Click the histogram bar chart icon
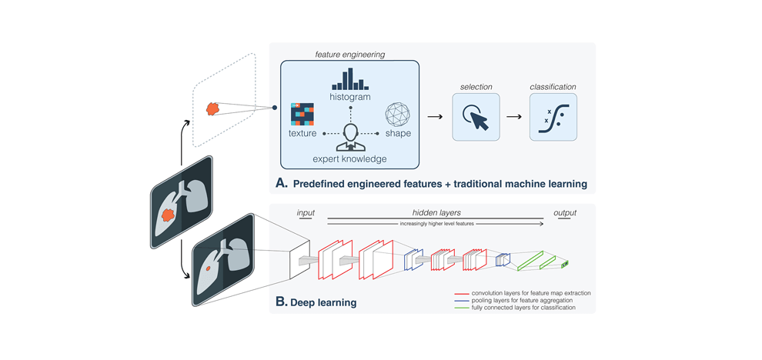350,79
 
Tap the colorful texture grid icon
302,114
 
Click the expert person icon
350,138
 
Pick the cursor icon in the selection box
476,117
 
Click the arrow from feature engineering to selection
435,117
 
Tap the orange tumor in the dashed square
213,110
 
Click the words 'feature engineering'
350,55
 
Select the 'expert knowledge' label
350,158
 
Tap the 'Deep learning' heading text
323,302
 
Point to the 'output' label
563,213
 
